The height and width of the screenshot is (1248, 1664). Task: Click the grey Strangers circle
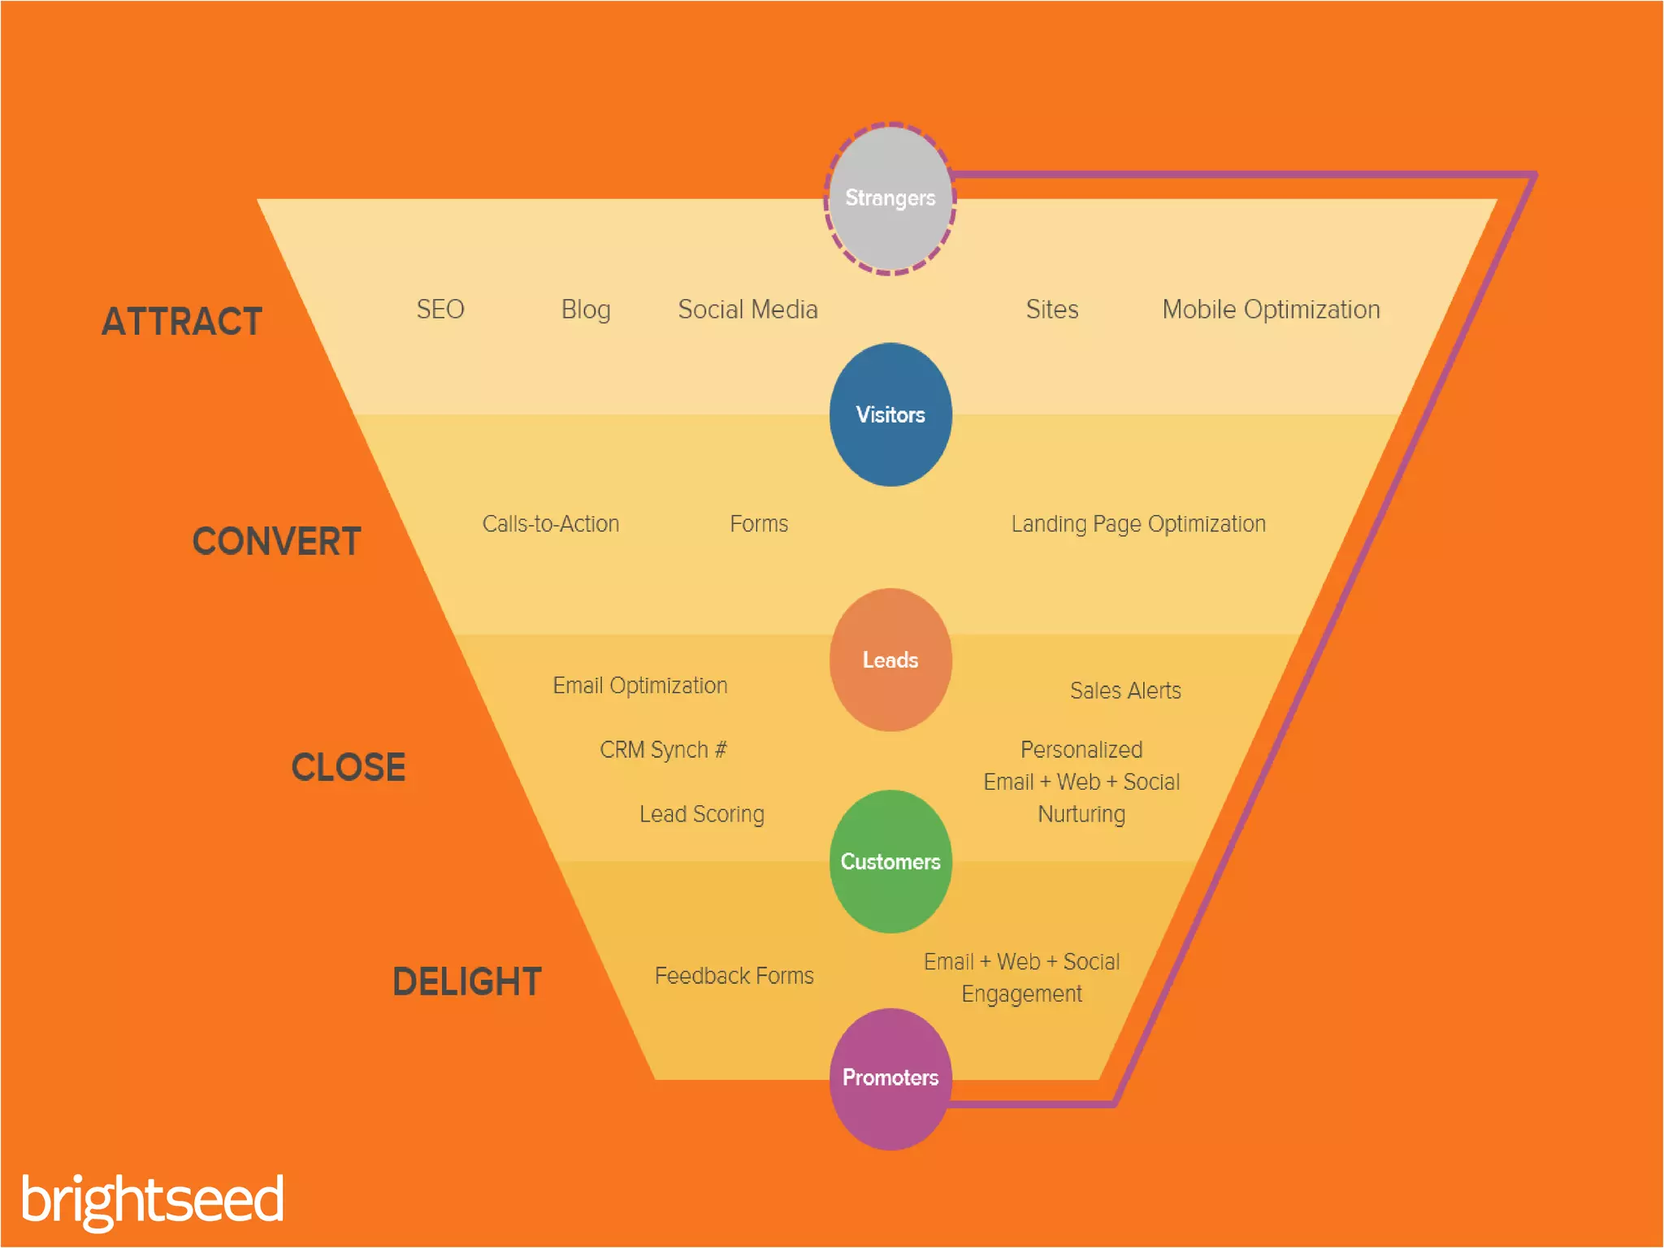pyautogui.click(x=890, y=199)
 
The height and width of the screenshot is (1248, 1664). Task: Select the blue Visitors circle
pyautogui.click(x=890, y=414)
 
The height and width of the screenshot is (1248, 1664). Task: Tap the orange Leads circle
pyautogui.click(x=890, y=660)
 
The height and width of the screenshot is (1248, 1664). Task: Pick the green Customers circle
pyautogui.click(x=890, y=861)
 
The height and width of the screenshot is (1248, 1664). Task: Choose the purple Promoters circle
pyautogui.click(x=890, y=1078)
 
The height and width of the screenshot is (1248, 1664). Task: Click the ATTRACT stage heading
pyautogui.click(x=182, y=322)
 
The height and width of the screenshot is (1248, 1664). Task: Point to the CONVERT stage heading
pyautogui.click(x=276, y=541)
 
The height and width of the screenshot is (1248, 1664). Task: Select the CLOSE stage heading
pyautogui.click(x=348, y=767)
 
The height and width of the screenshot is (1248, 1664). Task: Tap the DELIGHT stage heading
pyautogui.click(x=467, y=981)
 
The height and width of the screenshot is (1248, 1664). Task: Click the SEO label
pyautogui.click(x=440, y=310)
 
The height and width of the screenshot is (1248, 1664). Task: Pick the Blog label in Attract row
pyautogui.click(x=586, y=310)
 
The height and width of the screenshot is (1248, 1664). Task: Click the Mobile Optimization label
pyautogui.click(x=1271, y=310)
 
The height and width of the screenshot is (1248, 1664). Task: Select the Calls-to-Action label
pyautogui.click(x=551, y=524)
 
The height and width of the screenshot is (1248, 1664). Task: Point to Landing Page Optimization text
pyautogui.click(x=1138, y=524)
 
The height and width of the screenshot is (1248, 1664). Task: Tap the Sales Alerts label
pyautogui.click(x=1125, y=691)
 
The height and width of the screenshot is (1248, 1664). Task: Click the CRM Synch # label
pyautogui.click(x=663, y=749)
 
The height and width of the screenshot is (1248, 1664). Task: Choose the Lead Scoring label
pyautogui.click(x=702, y=814)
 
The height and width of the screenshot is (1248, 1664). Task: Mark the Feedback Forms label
pyautogui.click(x=734, y=976)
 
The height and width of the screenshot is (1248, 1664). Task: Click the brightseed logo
pyautogui.click(x=153, y=1200)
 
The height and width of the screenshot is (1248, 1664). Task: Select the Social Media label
pyautogui.click(x=747, y=310)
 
